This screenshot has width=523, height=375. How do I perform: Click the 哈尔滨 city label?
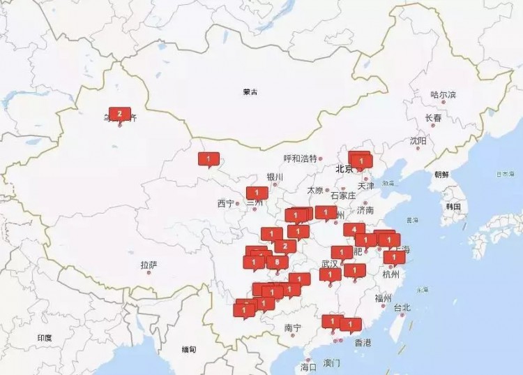(x=443, y=94)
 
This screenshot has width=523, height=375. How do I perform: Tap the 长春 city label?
(x=433, y=118)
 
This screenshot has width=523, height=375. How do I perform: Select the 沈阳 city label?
(x=418, y=140)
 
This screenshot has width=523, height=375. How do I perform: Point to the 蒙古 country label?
(x=250, y=92)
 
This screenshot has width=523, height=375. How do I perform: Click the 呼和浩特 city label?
(x=300, y=159)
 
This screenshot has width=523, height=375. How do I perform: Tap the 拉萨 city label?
(x=149, y=265)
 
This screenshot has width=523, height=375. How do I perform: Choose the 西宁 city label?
(x=226, y=204)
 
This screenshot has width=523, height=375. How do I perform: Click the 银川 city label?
(x=275, y=177)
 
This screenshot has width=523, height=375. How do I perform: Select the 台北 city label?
(x=402, y=307)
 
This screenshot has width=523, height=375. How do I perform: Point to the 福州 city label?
(x=384, y=298)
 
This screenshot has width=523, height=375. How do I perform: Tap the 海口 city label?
(x=308, y=366)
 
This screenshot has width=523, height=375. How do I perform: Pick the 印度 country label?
(x=45, y=338)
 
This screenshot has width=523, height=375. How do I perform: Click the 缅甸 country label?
(x=189, y=348)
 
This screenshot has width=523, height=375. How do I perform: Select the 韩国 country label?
(x=454, y=207)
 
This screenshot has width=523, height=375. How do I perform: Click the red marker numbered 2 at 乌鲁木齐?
(x=120, y=114)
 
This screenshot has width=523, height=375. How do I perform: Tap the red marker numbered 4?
(x=354, y=229)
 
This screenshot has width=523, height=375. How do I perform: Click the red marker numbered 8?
(x=278, y=262)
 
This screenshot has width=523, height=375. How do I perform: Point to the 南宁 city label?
(x=293, y=328)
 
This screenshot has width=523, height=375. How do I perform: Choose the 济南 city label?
(x=365, y=209)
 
